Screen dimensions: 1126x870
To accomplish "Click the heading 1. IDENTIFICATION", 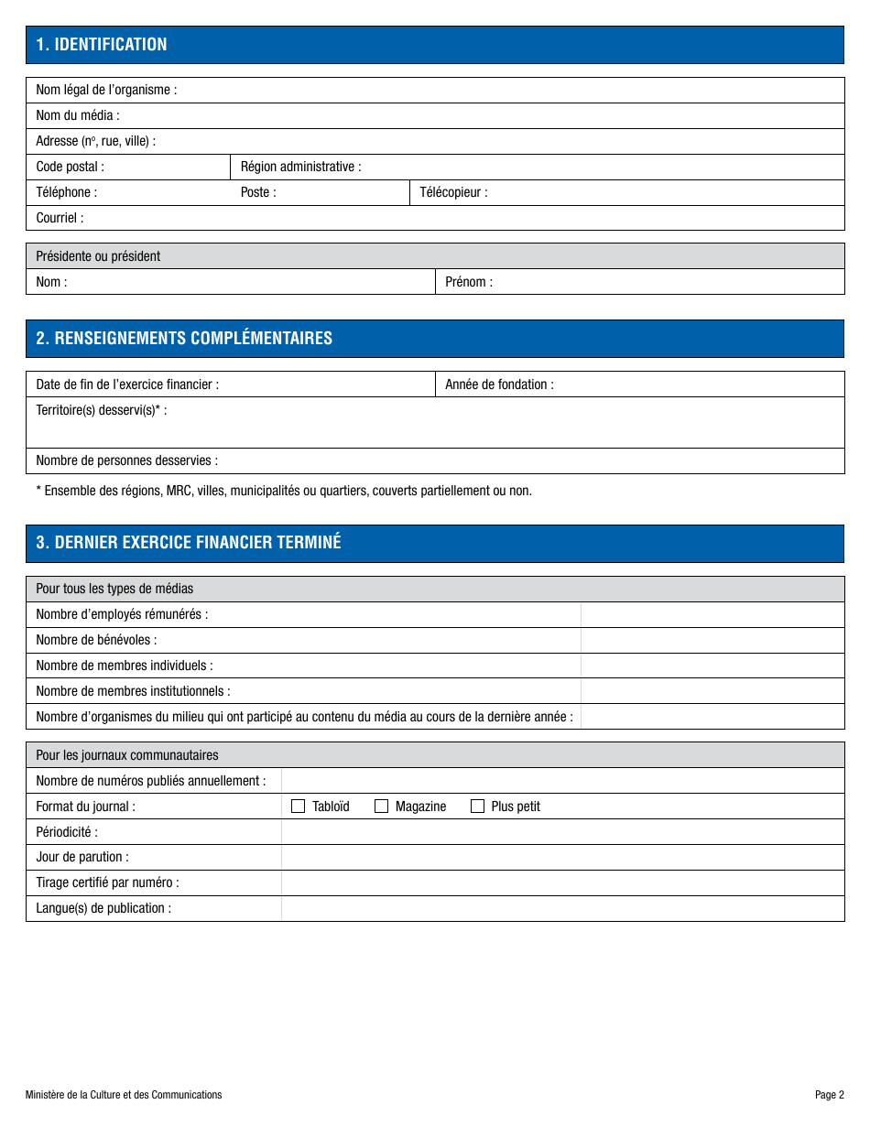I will click(102, 44).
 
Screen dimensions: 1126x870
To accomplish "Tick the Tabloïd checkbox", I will click(298, 807).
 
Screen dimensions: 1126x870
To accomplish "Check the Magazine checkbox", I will click(382, 807).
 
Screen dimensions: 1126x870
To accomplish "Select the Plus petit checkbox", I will click(477, 807).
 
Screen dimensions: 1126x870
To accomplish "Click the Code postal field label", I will click(70, 167).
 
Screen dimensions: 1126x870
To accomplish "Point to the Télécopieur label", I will click(453, 192).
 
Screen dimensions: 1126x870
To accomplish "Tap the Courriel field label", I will click(60, 218).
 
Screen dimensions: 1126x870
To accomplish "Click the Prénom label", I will click(468, 282).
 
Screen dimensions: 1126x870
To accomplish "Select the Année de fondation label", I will click(499, 384).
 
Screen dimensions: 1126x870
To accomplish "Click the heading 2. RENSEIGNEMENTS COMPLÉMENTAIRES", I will click(184, 338).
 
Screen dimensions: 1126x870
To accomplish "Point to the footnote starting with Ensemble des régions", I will click(284, 491).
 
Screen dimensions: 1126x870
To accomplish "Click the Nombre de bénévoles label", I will click(96, 640).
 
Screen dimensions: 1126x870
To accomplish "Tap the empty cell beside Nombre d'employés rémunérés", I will click(712, 614).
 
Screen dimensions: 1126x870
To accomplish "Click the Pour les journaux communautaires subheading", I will click(127, 755).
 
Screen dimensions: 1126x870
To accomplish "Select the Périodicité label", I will click(67, 832).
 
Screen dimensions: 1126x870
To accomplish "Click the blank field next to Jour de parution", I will click(561, 857).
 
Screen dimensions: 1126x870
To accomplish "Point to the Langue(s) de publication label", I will click(103, 908).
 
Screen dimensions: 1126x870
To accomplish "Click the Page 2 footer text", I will click(829, 1095).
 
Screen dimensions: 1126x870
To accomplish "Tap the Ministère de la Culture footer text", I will click(124, 1095).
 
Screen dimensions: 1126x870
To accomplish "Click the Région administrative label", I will click(300, 167).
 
